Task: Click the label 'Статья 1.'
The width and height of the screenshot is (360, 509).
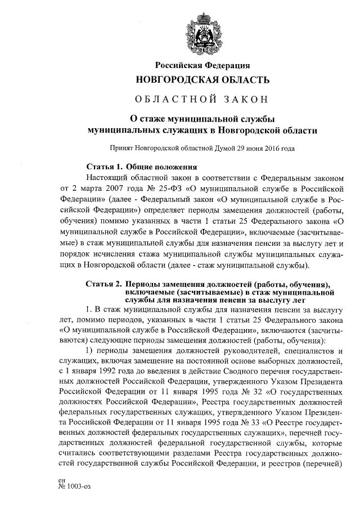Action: pyautogui.click(x=104, y=167)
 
